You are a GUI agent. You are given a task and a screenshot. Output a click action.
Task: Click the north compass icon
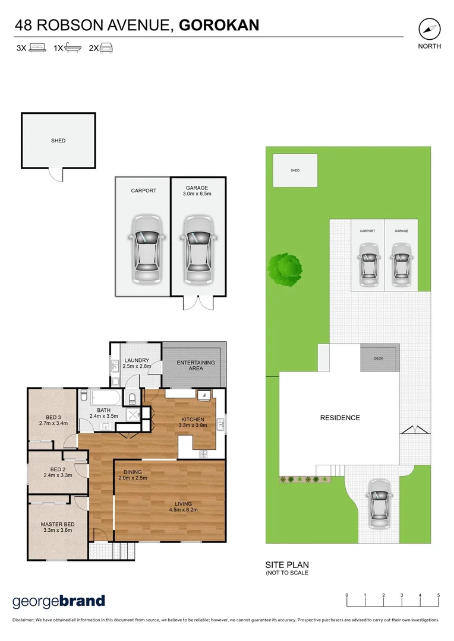click(x=429, y=29)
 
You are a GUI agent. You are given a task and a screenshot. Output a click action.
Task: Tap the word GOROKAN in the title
click(x=219, y=25)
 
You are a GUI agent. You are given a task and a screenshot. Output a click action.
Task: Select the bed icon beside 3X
click(x=37, y=48)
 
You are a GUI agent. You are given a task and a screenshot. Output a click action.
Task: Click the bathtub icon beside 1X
click(x=73, y=48)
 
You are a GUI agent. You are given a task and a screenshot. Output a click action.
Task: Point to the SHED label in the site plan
click(x=295, y=170)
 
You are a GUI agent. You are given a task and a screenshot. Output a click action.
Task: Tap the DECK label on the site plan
click(x=379, y=358)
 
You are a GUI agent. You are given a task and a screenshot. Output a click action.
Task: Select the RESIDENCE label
click(x=340, y=418)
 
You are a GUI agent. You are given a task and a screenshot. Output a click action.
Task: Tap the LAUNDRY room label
click(x=136, y=360)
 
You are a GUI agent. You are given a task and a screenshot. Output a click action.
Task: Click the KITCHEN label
click(x=193, y=420)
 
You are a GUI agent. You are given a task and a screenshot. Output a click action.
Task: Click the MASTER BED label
click(x=58, y=524)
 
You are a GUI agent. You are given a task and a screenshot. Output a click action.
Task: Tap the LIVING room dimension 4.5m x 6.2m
click(x=184, y=509)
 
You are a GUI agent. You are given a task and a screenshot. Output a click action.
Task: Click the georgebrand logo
click(x=58, y=601)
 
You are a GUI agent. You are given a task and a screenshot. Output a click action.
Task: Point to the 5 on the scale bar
click(x=439, y=595)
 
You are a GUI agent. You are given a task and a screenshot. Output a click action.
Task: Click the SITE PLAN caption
click(x=287, y=565)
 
